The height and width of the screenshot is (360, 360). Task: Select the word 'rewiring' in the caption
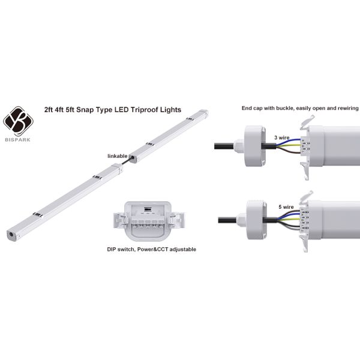point(346,109)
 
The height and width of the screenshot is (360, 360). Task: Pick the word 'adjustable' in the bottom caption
point(179,248)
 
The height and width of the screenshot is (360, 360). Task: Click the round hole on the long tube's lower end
point(11,232)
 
